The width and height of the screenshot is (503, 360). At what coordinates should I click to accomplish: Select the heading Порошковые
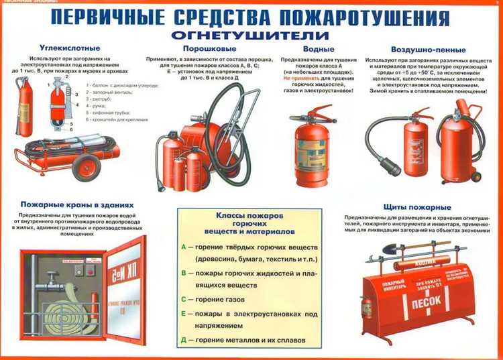203,48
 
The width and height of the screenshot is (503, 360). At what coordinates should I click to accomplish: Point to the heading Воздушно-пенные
425,49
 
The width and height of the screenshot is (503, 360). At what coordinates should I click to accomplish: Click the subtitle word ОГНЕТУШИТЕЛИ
250,34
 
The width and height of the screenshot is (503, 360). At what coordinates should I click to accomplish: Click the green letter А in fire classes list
184,246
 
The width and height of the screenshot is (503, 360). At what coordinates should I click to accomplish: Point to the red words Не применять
298,77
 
